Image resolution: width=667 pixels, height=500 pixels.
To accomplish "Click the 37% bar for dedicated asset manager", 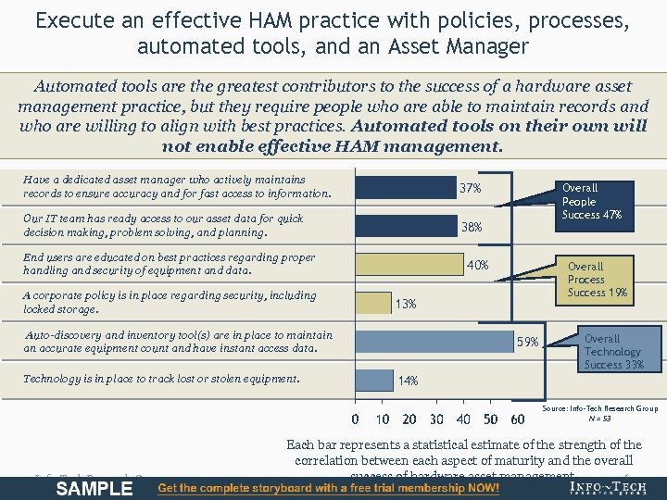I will (405, 188).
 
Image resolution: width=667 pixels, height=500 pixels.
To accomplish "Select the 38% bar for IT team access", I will (406, 226).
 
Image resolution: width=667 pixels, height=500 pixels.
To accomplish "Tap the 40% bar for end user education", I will (409, 265).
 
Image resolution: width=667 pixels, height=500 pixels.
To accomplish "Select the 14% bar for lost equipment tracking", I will (374, 380).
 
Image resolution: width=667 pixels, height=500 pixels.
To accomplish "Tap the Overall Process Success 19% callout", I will (598, 280).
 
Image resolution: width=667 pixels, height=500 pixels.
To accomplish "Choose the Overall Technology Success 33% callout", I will (612, 352).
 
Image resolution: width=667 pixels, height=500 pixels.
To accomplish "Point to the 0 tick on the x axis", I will (357, 419).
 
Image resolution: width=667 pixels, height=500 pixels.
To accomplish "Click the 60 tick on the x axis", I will (518, 419).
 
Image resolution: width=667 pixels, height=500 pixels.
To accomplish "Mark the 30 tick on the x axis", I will (436, 419).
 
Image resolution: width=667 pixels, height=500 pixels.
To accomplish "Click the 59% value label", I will (528, 343).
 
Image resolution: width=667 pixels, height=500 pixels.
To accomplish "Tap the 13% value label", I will (406, 304).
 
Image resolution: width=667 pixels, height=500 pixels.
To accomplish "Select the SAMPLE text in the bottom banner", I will (94, 488).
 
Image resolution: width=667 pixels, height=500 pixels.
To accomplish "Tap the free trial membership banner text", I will (329, 488).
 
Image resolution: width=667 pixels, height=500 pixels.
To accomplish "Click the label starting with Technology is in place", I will (162, 379).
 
